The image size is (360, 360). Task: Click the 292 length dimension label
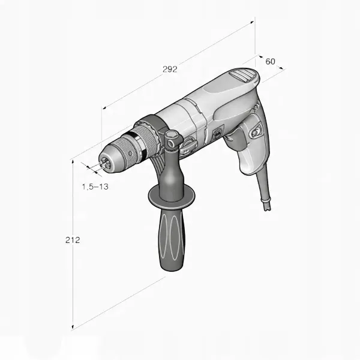point(170,69)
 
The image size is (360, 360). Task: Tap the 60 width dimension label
point(270,62)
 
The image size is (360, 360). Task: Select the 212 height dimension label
point(73,240)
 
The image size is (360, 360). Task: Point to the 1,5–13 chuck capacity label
point(95,187)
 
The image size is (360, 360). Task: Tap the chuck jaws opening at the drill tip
point(106,162)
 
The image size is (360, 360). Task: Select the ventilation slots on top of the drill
point(242,74)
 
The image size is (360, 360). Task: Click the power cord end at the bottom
point(267,205)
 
